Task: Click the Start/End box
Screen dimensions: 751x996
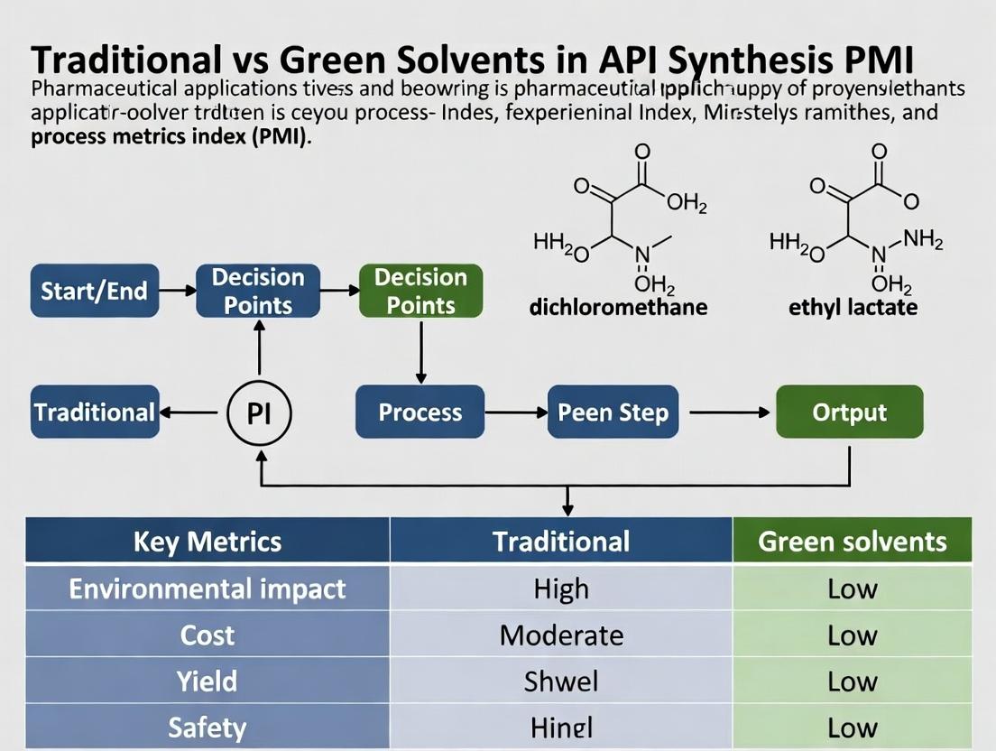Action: point(94,291)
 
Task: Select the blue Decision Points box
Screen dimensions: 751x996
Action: point(258,291)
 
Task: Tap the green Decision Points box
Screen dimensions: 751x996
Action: point(420,291)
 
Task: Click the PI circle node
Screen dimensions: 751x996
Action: point(259,413)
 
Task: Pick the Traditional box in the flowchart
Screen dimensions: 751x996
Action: point(94,413)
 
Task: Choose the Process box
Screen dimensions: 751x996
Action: point(420,413)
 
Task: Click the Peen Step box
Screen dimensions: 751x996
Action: point(613,413)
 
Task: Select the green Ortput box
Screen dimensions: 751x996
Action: point(849,413)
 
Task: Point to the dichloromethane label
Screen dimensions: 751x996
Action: point(618,307)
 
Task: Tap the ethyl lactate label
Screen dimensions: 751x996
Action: point(853,307)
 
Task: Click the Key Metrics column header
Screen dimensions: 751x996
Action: point(207,542)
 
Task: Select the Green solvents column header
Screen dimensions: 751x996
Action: point(853,542)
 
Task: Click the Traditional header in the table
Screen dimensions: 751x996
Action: point(561,542)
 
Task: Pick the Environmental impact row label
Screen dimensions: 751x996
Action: point(207,589)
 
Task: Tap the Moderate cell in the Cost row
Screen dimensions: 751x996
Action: point(561,635)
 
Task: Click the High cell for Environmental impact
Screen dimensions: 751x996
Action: point(561,589)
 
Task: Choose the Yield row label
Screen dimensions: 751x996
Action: point(207,681)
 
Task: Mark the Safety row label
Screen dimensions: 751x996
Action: point(207,728)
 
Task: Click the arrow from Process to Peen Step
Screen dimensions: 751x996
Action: point(515,413)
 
